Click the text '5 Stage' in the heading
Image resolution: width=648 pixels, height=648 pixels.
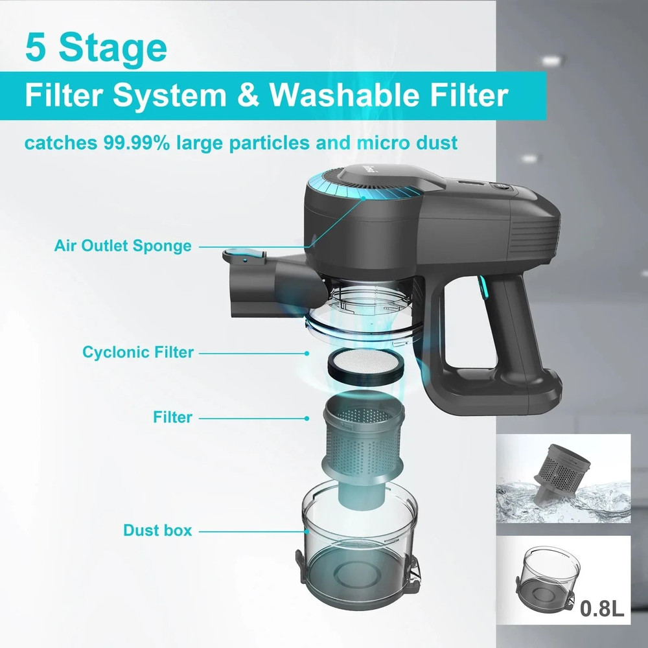click(x=95, y=48)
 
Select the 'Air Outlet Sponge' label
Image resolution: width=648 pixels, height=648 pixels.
click(x=123, y=246)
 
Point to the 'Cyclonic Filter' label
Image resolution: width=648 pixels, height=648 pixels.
click(x=138, y=353)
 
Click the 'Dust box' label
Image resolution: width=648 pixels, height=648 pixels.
click(x=157, y=530)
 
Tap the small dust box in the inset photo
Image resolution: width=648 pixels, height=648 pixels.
click(x=548, y=577)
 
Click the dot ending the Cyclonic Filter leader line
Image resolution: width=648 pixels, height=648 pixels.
click(x=307, y=353)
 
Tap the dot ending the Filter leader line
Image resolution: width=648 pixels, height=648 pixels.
click(x=307, y=418)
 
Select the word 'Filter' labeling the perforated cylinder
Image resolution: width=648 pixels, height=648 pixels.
click(x=172, y=417)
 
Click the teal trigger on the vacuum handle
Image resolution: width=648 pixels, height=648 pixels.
click(x=482, y=288)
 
